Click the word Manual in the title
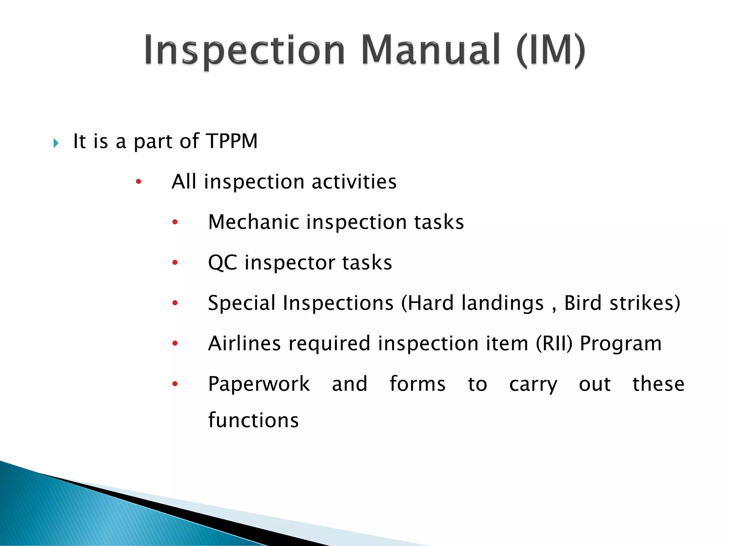point(431,50)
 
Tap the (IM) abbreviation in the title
point(550,50)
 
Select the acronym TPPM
point(231,141)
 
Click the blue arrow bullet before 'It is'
point(56,143)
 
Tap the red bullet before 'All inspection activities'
point(138,182)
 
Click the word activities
point(354,182)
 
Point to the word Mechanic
point(253,222)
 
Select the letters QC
point(222,263)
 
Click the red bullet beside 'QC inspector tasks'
point(175,263)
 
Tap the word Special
point(241,303)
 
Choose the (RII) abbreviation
point(554,343)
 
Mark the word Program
point(620,344)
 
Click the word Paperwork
point(259,384)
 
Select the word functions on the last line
point(253,420)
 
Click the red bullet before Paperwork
point(175,384)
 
